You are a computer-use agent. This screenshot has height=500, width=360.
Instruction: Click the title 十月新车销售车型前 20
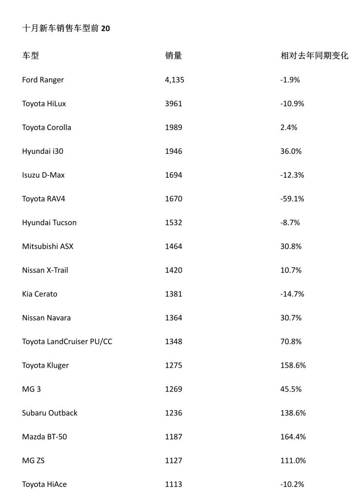click(66, 29)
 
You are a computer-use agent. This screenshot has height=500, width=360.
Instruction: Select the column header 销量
click(174, 56)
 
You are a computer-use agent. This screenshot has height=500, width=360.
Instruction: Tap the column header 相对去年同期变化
click(314, 56)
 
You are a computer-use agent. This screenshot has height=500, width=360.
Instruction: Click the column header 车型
click(30, 56)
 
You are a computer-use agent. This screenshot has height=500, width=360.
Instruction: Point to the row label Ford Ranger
click(43, 80)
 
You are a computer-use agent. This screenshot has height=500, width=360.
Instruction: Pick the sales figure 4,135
click(175, 80)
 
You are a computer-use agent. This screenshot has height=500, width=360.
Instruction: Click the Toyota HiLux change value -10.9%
click(292, 104)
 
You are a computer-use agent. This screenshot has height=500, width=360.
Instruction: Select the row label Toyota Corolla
click(46, 127)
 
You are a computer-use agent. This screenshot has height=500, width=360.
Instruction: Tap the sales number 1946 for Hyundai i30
click(174, 151)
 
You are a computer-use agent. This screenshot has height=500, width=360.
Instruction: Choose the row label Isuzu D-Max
click(43, 175)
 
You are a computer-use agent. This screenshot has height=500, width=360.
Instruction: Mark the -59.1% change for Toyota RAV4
click(292, 199)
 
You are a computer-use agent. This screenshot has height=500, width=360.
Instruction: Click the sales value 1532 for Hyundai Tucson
click(174, 223)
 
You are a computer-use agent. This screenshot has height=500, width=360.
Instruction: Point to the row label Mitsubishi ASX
click(47, 247)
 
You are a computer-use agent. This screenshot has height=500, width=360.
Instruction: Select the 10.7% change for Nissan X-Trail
click(291, 270)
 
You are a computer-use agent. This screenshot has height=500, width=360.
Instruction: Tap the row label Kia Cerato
click(40, 294)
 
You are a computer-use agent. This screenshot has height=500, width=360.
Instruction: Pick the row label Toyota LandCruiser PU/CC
click(67, 341)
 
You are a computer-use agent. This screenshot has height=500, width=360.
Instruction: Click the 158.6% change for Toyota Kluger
click(293, 365)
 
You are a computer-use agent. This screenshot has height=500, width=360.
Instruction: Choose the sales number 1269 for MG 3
click(174, 389)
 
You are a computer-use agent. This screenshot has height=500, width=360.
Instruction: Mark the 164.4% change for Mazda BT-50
click(293, 437)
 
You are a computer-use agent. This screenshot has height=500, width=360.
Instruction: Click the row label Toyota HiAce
click(44, 484)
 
